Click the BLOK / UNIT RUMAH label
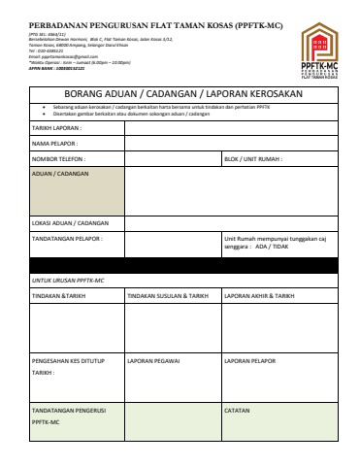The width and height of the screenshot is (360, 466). click(x=251, y=158)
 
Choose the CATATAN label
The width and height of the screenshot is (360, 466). click(x=238, y=410)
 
